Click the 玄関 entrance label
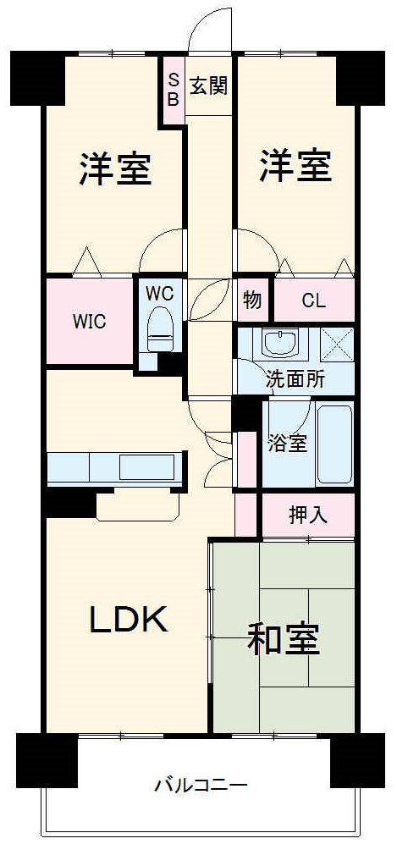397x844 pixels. pyautogui.click(x=208, y=86)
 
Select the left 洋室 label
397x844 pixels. pyautogui.click(x=116, y=168)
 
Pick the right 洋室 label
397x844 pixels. pyautogui.click(x=295, y=166)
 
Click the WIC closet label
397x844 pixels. pyautogui.click(x=89, y=322)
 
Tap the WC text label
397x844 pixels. pyautogui.click(x=159, y=294)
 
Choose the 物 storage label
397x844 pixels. pyautogui.click(x=251, y=300)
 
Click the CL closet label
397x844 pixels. pyautogui.click(x=312, y=300)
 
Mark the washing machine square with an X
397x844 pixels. pyautogui.click(x=337, y=343)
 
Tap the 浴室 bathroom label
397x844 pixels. pyautogui.click(x=287, y=442)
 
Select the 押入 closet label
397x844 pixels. pyautogui.click(x=307, y=513)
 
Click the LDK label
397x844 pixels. pyautogui.click(x=129, y=621)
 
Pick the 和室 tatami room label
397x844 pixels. pyautogui.click(x=284, y=639)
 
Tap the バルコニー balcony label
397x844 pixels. pyautogui.click(x=200, y=784)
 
